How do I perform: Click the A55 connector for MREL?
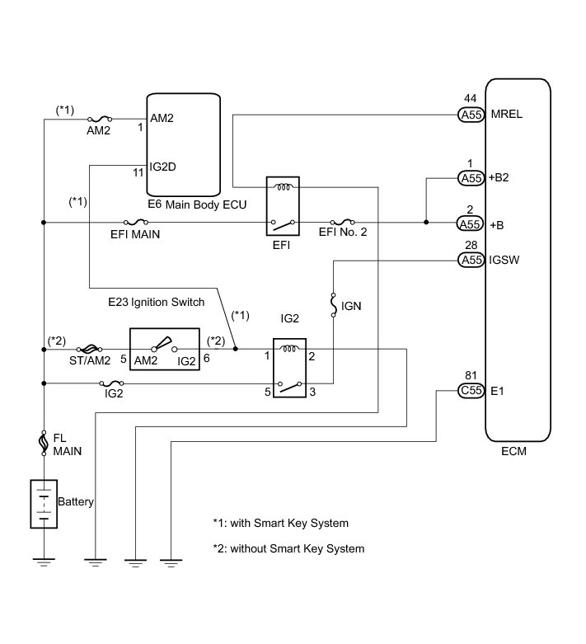(471, 115)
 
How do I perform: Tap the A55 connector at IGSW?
(471, 261)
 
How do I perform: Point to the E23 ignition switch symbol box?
(165, 350)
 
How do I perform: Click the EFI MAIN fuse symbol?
(134, 222)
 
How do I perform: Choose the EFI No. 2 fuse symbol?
(342, 222)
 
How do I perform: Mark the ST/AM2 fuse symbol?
(88, 350)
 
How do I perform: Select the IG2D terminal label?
(163, 167)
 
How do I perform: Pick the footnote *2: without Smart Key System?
(288, 548)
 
